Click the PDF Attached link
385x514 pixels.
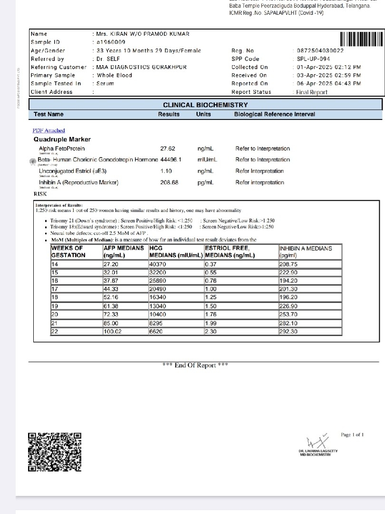point(48,130)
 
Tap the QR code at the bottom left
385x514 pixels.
point(55,452)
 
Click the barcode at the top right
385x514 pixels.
point(362,39)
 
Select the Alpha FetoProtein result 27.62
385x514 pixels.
point(168,148)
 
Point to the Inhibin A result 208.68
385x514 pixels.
point(169,182)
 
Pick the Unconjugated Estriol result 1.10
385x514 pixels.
point(166,171)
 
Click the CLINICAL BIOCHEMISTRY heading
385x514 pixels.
point(205,105)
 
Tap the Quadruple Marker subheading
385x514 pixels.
point(62,139)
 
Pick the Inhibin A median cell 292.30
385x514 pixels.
point(289,332)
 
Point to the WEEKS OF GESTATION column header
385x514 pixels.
point(68,252)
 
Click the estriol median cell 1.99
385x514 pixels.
point(211,324)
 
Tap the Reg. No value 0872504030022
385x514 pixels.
point(320,50)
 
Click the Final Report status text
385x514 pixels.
point(312,92)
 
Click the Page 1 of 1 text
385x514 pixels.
point(352,435)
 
